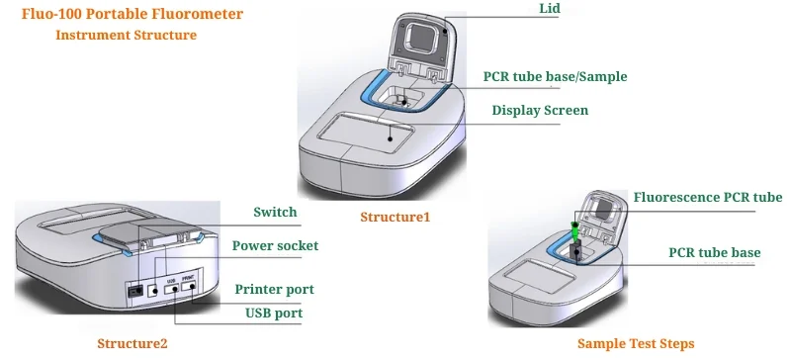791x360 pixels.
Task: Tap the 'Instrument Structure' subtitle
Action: [126, 36]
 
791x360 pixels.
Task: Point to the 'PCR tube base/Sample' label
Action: [555, 76]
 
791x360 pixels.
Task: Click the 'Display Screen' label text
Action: [540, 111]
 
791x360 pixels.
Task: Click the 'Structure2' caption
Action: [132, 343]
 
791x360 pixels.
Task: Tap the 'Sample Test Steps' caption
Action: [636, 343]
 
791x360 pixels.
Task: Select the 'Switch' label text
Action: [275, 213]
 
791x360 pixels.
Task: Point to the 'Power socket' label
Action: [275, 245]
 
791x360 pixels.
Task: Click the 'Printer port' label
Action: [274, 289]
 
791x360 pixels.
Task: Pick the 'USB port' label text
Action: [274, 314]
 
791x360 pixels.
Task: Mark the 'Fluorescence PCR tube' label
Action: [707, 198]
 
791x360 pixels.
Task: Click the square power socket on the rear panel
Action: [153, 290]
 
